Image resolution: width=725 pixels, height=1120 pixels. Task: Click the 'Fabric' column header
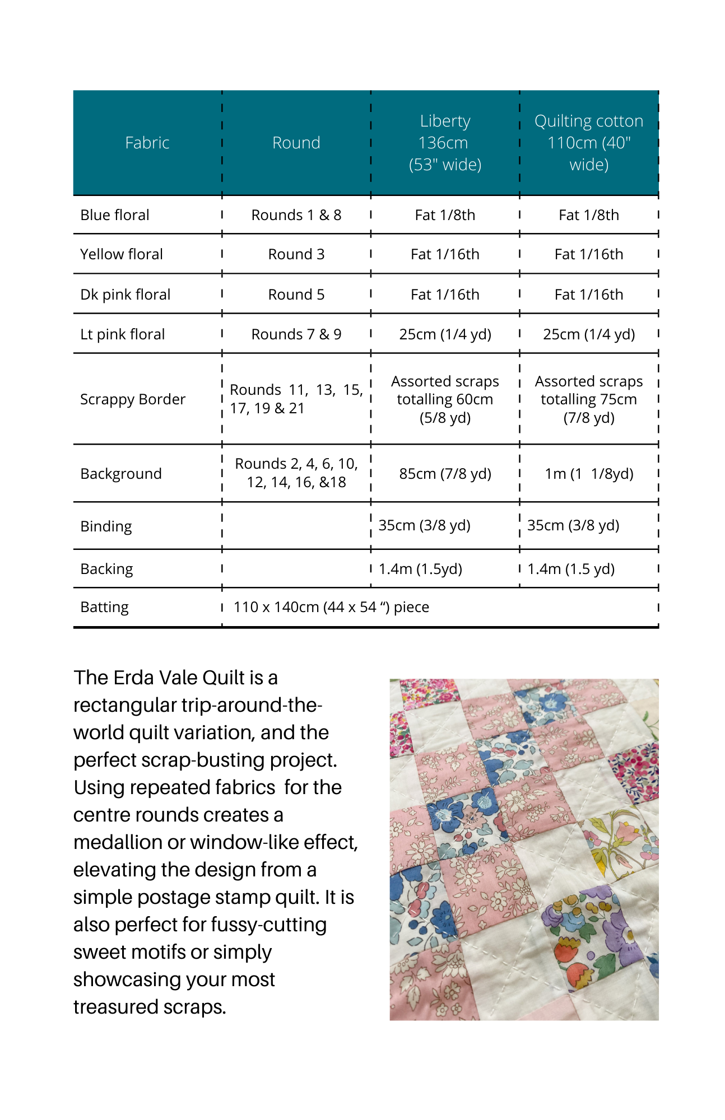pyautogui.click(x=147, y=143)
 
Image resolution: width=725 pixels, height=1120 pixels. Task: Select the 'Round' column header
pyautogui.click(x=296, y=143)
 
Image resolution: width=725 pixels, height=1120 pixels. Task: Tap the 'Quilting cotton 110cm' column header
pyautogui.click(x=588, y=143)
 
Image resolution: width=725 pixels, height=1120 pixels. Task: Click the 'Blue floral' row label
pyautogui.click(x=115, y=215)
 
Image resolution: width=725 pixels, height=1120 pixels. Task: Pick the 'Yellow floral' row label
pyautogui.click(x=122, y=254)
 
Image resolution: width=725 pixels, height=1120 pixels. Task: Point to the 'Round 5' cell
pyautogui.click(x=296, y=295)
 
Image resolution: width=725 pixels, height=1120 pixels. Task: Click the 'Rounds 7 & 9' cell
pyautogui.click(x=296, y=334)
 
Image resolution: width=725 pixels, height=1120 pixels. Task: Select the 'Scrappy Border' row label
pyautogui.click(x=133, y=399)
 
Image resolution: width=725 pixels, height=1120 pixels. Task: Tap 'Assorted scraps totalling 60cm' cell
pyautogui.click(x=445, y=399)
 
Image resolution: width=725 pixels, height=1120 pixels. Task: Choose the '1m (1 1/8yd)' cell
pyautogui.click(x=589, y=474)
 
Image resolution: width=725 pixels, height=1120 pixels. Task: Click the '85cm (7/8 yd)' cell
pyautogui.click(x=445, y=474)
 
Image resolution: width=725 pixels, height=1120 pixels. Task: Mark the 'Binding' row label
pyautogui.click(x=106, y=526)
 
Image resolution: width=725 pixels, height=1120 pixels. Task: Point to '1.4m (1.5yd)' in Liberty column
pyautogui.click(x=420, y=569)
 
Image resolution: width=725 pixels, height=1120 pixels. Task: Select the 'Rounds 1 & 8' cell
pyautogui.click(x=296, y=215)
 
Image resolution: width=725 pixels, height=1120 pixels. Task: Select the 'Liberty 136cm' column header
pyautogui.click(x=445, y=143)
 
